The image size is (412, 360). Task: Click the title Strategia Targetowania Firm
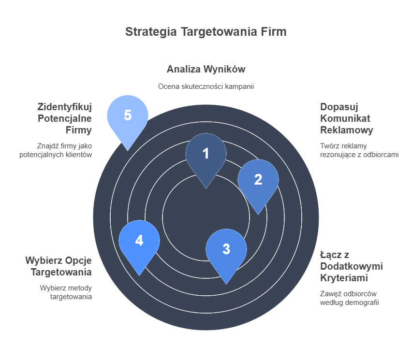206,32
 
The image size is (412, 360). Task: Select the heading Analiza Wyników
206,69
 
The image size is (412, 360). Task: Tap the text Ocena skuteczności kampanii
206,86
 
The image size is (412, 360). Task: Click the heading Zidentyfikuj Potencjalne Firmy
65,118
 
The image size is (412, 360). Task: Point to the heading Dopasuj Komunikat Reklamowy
347,118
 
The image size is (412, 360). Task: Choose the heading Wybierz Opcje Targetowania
59,266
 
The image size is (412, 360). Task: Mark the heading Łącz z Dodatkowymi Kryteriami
351,266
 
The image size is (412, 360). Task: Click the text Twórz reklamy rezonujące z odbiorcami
359,150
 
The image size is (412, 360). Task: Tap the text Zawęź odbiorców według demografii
350,298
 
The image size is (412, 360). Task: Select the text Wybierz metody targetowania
66,292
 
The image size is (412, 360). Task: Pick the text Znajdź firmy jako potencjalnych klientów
56,150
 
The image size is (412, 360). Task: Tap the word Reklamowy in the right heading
347,130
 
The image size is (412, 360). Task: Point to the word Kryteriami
344,278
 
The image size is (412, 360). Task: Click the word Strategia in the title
151,32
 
